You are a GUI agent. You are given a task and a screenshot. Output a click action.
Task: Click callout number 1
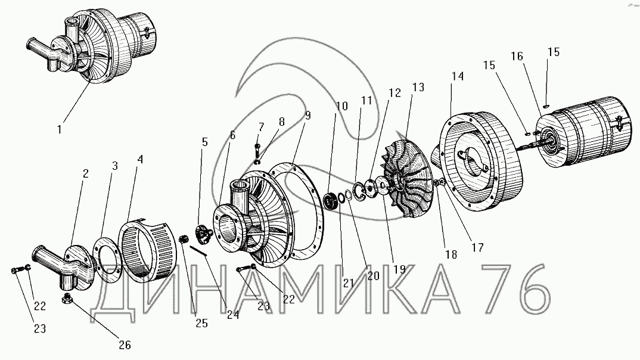(x=60, y=130)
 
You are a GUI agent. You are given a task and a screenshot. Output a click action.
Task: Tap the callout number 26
(x=125, y=345)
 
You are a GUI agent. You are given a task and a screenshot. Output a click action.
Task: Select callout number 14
(x=458, y=76)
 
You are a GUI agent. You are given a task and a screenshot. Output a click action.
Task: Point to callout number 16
(x=517, y=57)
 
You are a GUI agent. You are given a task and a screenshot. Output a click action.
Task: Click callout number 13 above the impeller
(x=418, y=88)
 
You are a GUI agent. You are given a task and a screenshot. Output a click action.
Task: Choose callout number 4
(x=141, y=160)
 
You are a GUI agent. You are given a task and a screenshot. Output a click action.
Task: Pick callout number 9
(x=307, y=116)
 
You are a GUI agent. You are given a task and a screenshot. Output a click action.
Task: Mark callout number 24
(x=233, y=315)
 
